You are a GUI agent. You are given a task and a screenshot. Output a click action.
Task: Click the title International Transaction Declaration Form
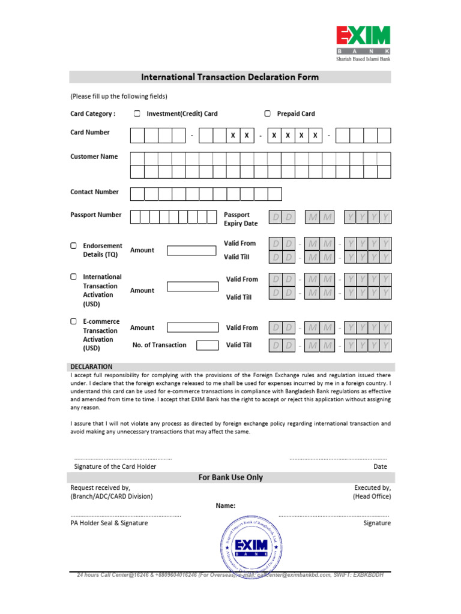tap(230, 77)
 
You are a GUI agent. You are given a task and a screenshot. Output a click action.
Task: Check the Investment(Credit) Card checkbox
tap(137, 113)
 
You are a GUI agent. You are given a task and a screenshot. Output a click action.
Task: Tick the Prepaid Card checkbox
tap(268, 113)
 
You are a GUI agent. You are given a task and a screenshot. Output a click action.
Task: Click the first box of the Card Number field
tap(137, 136)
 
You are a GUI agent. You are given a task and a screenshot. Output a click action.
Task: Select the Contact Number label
tap(95, 192)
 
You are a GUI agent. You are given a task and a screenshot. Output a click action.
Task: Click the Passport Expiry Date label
tap(241, 219)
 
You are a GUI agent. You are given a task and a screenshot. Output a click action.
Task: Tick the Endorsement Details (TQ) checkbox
tap(73, 246)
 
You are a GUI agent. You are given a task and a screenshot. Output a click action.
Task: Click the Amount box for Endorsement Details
tap(193, 251)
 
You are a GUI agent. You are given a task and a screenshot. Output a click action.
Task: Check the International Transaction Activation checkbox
tap(73, 277)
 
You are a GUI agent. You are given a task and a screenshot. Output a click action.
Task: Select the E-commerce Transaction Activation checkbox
tap(73, 321)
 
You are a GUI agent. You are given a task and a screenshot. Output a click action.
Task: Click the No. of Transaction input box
tap(208, 345)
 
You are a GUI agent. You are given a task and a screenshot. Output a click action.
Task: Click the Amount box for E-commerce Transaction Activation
tap(193, 328)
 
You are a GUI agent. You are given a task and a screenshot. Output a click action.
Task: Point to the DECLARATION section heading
tap(91, 366)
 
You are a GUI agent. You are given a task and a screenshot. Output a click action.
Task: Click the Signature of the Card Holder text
tap(115, 466)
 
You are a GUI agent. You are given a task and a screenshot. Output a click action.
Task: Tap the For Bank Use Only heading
tap(230, 478)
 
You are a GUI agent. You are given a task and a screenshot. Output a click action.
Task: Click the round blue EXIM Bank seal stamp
tap(250, 546)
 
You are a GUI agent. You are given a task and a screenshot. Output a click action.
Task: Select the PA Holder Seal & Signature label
tap(109, 523)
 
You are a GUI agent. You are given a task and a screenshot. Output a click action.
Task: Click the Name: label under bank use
tap(226, 506)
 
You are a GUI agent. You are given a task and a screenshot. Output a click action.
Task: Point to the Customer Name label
tap(94, 156)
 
